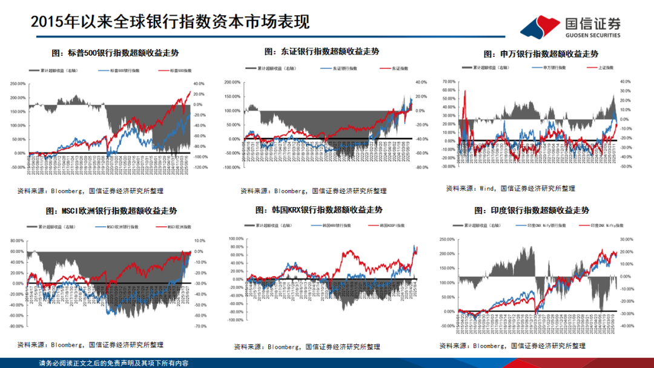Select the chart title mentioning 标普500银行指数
point(115,53)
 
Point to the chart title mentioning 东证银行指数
point(322,52)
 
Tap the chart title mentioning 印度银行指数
point(532,211)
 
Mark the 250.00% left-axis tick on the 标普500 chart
point(18,84)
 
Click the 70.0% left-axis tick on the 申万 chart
point(449,80)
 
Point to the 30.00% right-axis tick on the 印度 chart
point(626,239)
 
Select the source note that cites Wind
point(510,189)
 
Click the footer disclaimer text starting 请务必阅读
point(113,363)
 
